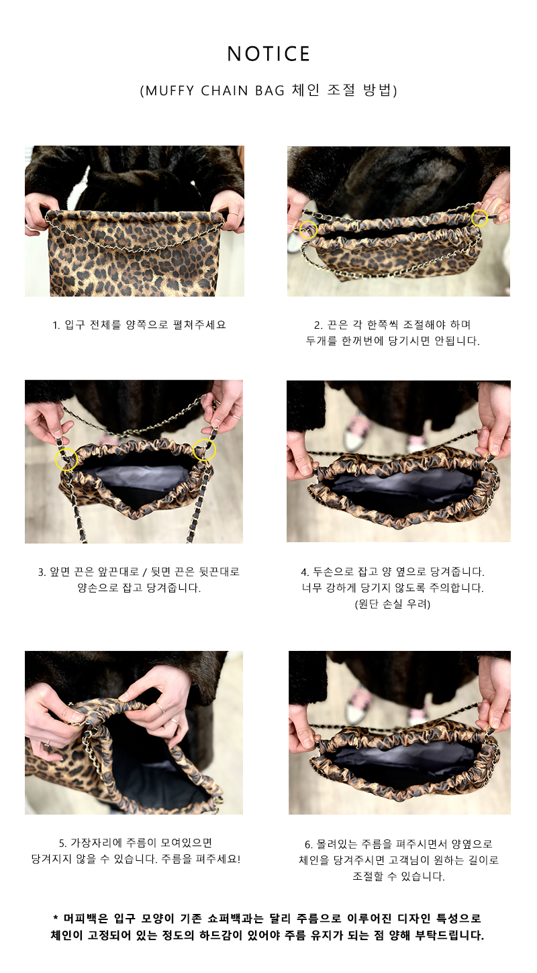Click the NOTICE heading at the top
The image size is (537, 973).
(x=268, y=54)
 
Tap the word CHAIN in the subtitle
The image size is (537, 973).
(x=224, y=91)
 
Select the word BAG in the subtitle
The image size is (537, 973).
(x=270, y=91)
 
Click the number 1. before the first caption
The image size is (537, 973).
(x=56, y=325)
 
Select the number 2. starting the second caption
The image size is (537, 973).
(x=318, y=325)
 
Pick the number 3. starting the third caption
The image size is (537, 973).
(x=42, y=572)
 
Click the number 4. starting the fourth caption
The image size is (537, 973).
(x=305, y=572)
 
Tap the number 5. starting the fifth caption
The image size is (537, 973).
(x=63, y=843)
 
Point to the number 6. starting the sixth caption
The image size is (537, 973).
(x=309, y=844)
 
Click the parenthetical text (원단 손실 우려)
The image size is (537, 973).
(x=392, y=604)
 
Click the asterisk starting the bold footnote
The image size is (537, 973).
(x=55, y=918)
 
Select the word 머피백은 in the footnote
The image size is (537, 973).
(x=86, y=919)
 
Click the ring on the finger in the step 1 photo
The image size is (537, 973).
(x=234, y=213)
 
